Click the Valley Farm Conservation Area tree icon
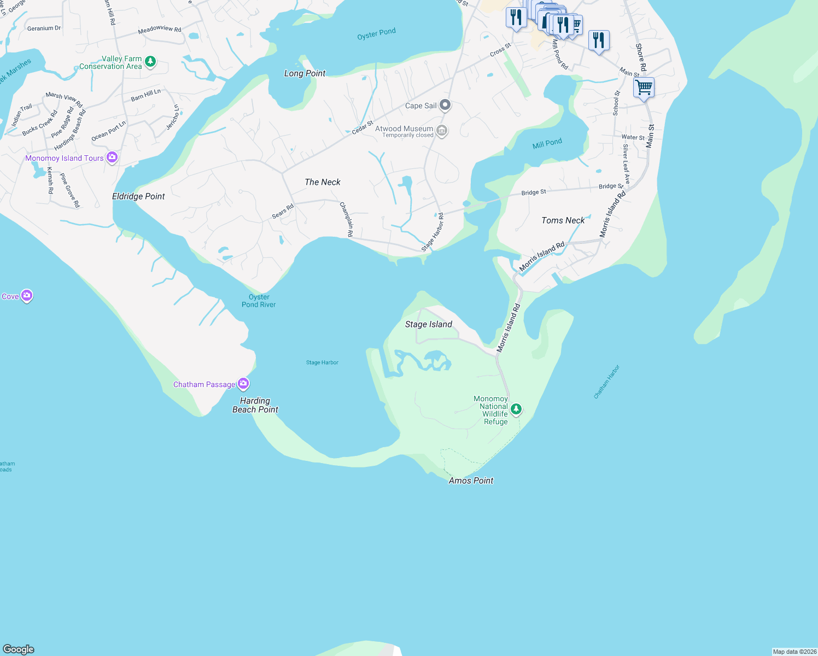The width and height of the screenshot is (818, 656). (x=150, y=62)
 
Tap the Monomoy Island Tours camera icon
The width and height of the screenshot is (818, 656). (x=112, y=157)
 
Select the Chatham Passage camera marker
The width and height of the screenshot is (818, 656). (x=243, y=384)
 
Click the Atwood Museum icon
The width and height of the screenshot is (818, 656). (x=442, y=131)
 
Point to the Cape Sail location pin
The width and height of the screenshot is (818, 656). (x=445, y=105)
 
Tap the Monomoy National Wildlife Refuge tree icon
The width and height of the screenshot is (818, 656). (x=516, y=409)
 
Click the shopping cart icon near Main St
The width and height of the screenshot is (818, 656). (x=644, y=87)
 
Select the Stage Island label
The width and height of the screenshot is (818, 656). (x=429, y=324)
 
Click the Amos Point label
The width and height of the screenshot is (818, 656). (x=471, y=481)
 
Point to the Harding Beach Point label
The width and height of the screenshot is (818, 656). (x=255, y=405)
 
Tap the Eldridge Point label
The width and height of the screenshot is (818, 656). (x=138, y=196)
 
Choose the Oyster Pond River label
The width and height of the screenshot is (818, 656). (x=259, y=301)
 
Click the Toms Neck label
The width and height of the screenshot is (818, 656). (x=563, y=220)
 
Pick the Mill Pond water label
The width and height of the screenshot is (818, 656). (x=547, y=143)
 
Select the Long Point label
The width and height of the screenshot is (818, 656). (x=305, y=73)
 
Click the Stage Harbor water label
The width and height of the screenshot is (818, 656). (x=322, y=362)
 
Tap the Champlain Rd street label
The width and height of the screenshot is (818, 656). (x=347, y=219)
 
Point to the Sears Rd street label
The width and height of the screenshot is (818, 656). (x=283, y=211)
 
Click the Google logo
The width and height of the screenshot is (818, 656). (x=19, y=649)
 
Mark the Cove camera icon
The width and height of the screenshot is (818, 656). (x=27, y=296)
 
